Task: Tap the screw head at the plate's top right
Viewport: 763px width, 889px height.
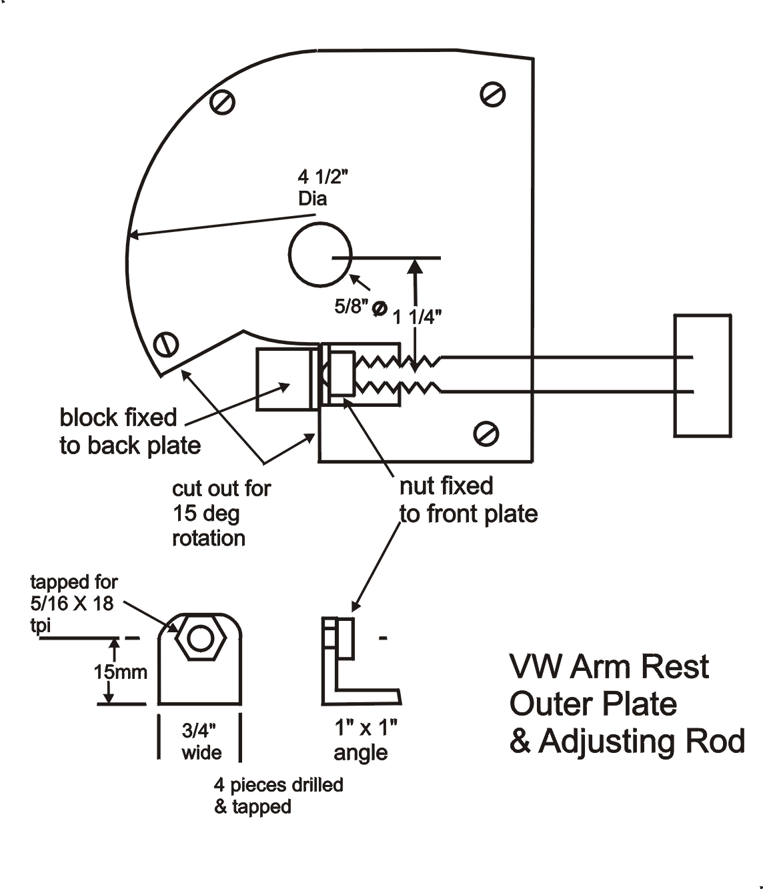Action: pyautogui.click(x=492, y=94)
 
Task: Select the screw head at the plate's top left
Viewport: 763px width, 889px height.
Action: pyautogui.click(x=222, y=101)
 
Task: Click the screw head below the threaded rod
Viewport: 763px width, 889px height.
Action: pyautogui.click(x=486, y=434)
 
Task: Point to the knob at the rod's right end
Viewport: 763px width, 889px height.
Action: pyautogui.click(x=702, y=375)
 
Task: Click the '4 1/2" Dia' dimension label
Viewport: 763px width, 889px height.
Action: pyautogui.click(x=323, y=187)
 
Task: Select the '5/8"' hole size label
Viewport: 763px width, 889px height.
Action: pyautogui.click(x=353, y=306)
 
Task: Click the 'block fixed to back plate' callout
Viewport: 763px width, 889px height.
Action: pyautogui.click(x=130, y=431)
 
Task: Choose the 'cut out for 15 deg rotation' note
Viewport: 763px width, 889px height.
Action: pyautogui.click(x=221, y=513)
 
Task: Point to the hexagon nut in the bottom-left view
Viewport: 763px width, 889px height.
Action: pyautogui.click(x=200, y=638)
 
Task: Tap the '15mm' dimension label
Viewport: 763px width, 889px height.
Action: pyautogui.click(x=120, y=671)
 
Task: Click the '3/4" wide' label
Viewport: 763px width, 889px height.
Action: pyautogui.click(x=201, y=742)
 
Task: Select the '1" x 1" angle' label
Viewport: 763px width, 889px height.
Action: pyautogui.click(x=364, y=740)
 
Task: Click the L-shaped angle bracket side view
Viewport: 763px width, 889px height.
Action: pyautogui.click(x=353, y=667)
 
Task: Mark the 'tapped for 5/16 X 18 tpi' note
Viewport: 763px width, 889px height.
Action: pyautogui.click(x=73, y=604)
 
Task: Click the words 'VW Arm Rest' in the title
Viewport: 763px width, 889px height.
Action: pyautogui.click(x=609, y=666)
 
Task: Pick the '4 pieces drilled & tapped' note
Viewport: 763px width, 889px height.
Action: pyautogui.click(x=278, y=796)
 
